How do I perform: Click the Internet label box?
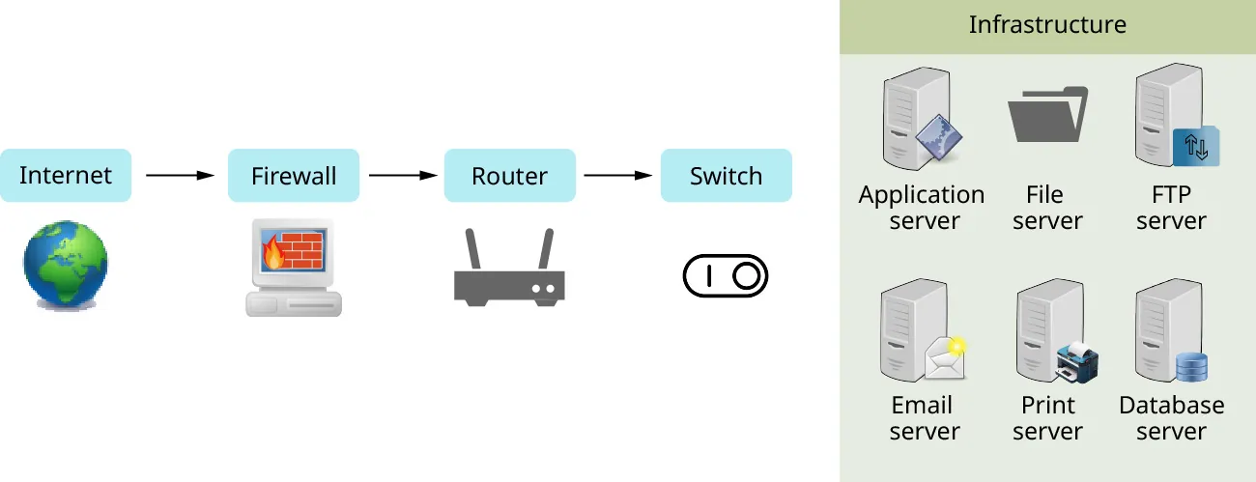click(66, 176)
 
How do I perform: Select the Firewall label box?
click(294, 176)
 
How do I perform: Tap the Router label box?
click(509, 176)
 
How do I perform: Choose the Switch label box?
click(726, 176)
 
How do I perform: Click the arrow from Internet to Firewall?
click(180, 176)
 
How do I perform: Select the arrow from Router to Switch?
click(618, 176)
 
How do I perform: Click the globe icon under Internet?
click(66, 264)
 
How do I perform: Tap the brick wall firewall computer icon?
click(293, 267)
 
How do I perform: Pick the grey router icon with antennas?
click(509, 280)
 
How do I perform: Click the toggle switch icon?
click(726, 276)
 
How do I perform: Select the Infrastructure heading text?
click(1047, 25)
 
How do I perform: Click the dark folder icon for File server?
click(1047, 116)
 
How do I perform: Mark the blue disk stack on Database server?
click(1191, 366)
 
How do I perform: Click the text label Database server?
click(1171, 418)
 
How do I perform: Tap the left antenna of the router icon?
click(473, 250)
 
